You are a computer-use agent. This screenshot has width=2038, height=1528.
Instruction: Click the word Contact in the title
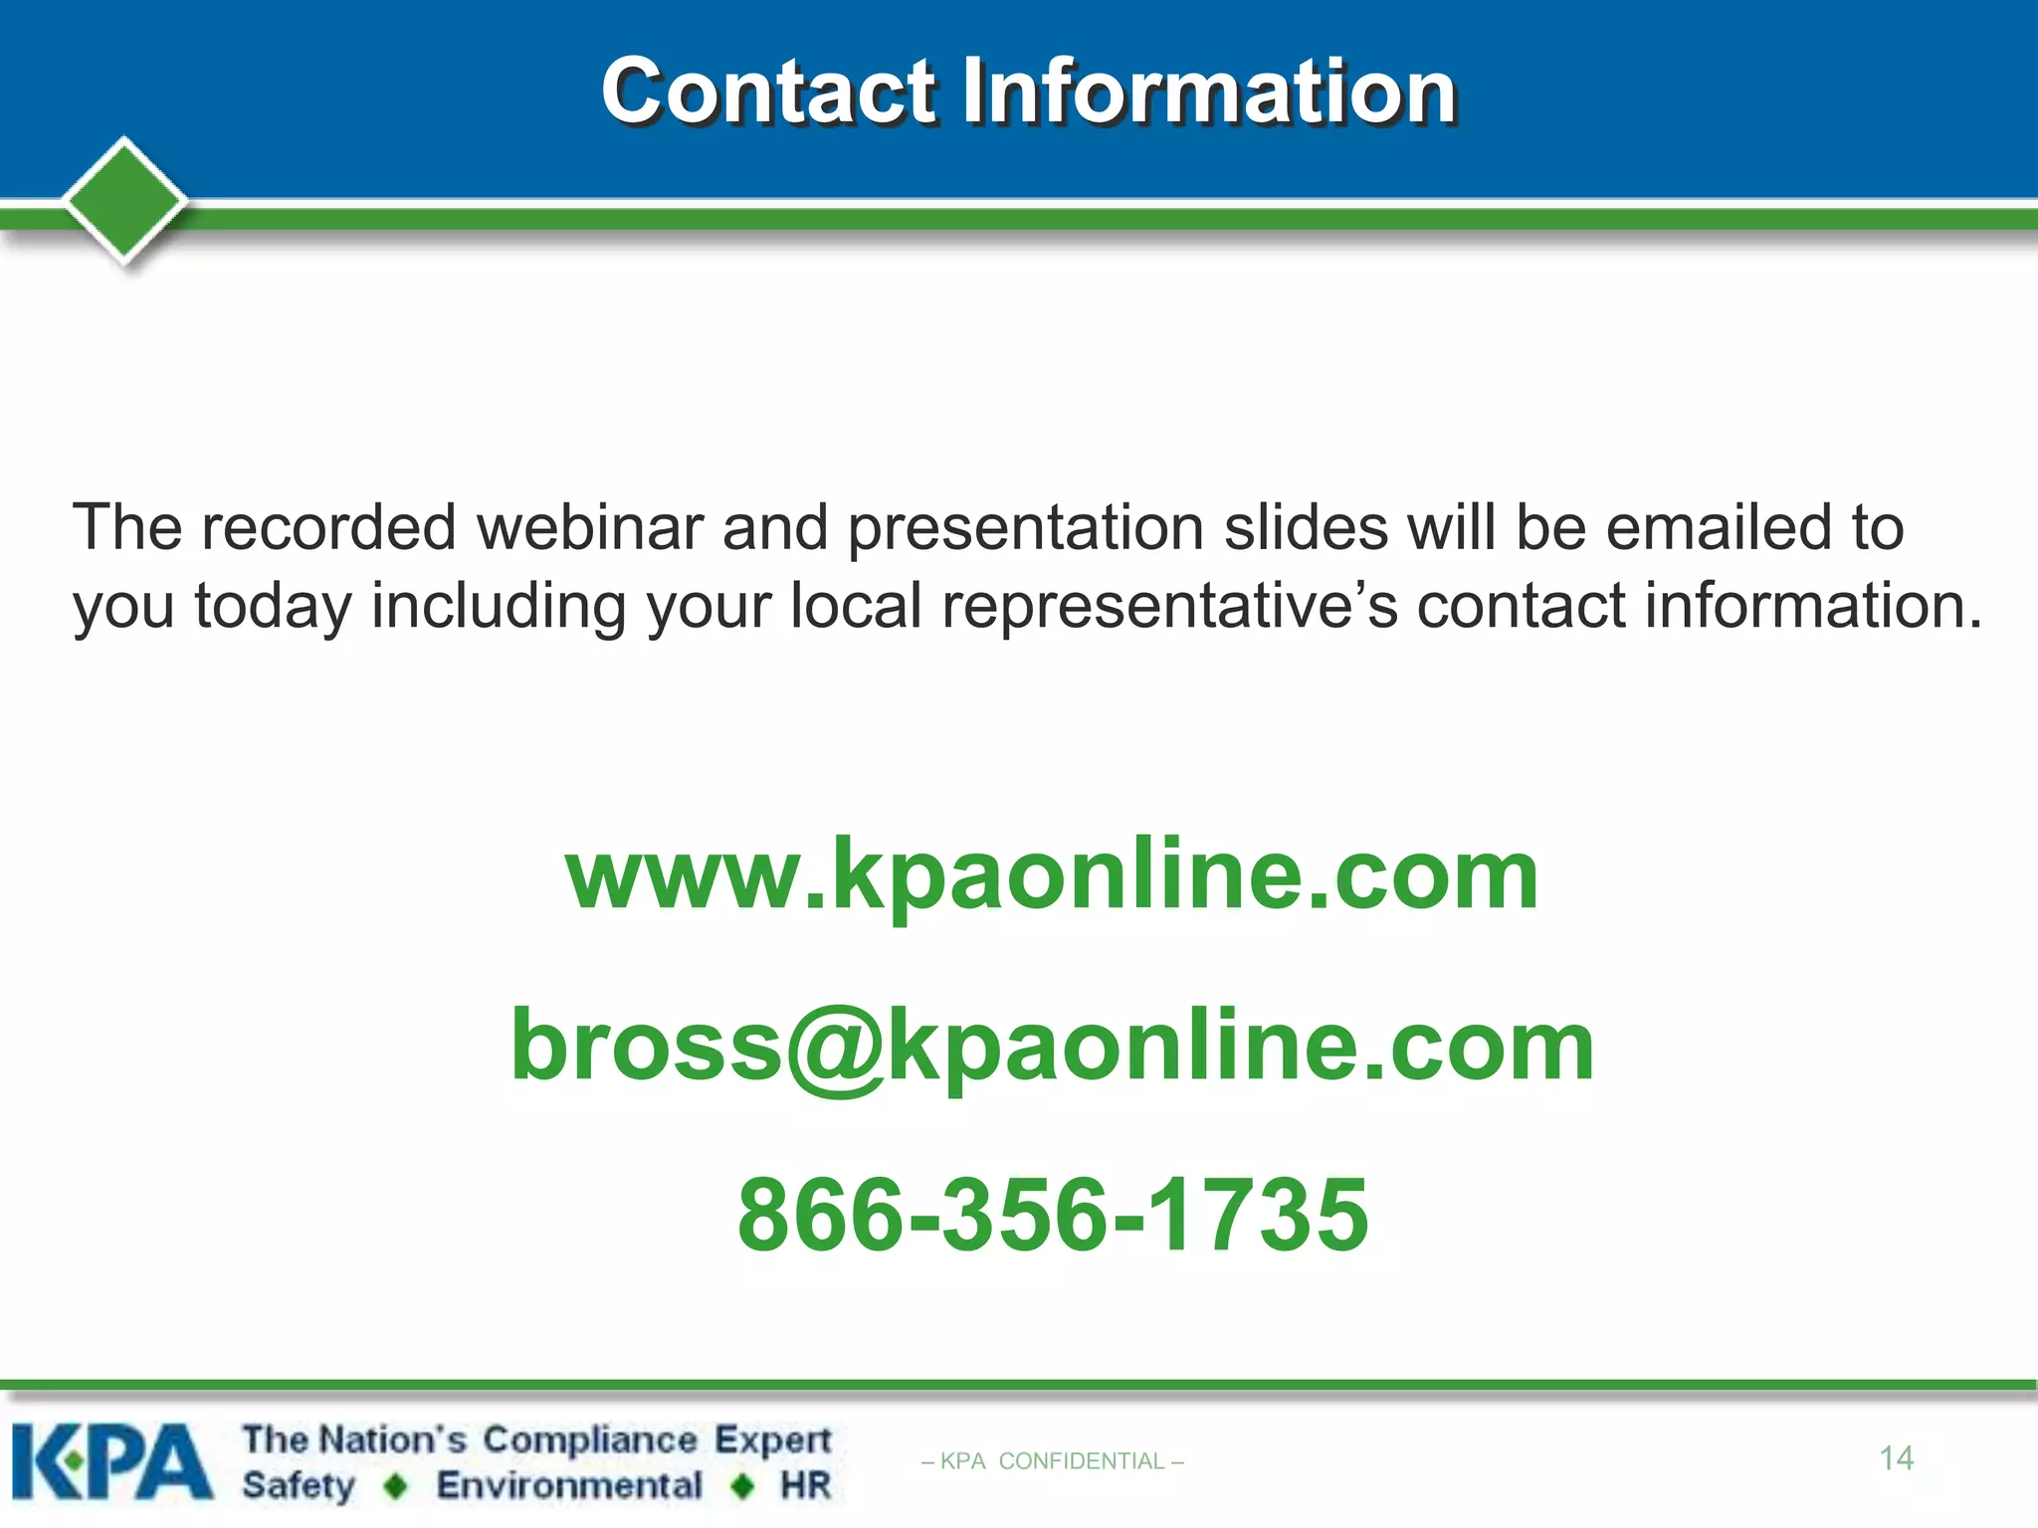point(769,92)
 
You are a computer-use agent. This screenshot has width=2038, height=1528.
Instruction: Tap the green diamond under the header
point(124,200)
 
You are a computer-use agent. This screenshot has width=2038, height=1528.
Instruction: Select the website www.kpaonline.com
point(1052,874)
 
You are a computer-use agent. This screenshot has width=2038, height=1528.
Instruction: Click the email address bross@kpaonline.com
point(1052,1046)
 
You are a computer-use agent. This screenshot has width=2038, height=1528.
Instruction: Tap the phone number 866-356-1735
point(1052,1215)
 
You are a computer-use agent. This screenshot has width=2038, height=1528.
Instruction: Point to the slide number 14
point(1896,1458)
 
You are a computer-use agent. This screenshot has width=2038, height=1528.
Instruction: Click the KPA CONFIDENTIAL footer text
point(1052,1461)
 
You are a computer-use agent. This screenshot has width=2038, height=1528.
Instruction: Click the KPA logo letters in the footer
point(111,1461)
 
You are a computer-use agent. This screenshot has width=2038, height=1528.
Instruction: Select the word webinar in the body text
point(590,527)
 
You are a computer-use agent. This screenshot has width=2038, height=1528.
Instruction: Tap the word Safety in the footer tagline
point(298,1486)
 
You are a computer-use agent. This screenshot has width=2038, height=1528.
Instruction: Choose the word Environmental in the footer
point(569,1485)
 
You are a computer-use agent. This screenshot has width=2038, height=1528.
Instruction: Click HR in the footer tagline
point(805,1485)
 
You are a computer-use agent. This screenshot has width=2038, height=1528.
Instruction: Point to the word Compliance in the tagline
point(590,1440)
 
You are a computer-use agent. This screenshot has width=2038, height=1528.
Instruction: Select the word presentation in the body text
point(1025,527)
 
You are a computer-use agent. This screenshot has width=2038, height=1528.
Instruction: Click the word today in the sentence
point(272,606)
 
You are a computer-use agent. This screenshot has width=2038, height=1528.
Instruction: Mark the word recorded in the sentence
point(328,527)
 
